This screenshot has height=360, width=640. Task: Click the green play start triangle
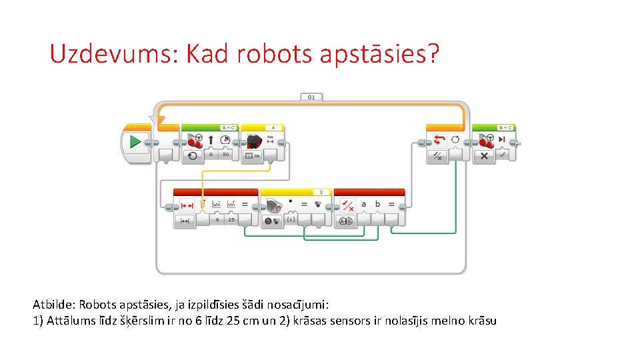pos(135,141)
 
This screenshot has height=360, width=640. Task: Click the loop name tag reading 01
pos(311,97)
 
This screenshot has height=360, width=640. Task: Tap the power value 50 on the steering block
pos(226,155)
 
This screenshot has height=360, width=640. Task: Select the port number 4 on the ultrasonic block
pos(273,127)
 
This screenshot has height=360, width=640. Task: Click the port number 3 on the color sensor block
pos(321,192)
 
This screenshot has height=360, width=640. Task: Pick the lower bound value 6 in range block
pos(217,219)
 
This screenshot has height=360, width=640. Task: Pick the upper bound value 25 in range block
pos(231,219)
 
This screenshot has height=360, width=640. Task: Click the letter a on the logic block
pos(363,205)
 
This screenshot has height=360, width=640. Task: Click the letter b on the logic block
pos(378,205)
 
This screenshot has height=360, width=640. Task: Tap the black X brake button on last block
pos(484,155)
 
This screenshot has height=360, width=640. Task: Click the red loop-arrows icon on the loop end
pos(439,140)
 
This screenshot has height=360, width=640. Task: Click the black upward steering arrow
pos(211,140)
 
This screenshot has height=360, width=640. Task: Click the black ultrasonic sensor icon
pos(254,141)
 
